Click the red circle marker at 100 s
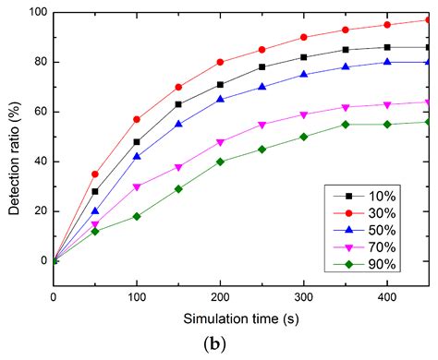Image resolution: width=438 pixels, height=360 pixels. click(x=137, y=119)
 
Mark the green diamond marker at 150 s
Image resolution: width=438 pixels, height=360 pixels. click(x=178, y=188)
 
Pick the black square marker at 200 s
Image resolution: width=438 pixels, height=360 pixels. click(x=220, y=84)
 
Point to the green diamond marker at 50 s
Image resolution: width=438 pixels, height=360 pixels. click(x=95, y=231)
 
